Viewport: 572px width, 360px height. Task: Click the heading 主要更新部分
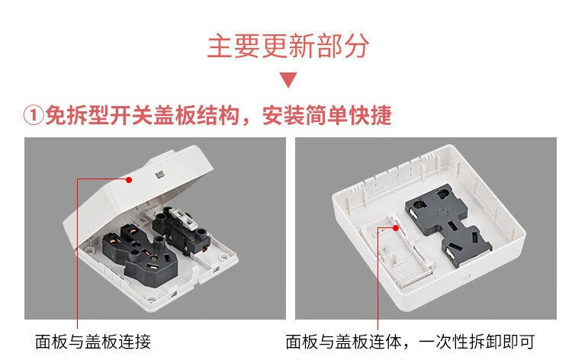click(288, 47)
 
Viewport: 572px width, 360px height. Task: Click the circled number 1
click(34, 115)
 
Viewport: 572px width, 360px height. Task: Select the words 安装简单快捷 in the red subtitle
click(327, 115)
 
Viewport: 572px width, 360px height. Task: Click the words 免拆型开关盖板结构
click(142, 115)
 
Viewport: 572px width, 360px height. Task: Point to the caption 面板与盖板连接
click(93, 342)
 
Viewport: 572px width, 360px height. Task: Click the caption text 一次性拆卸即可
click(477, 342)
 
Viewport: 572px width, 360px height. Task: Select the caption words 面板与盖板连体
click(343, 342)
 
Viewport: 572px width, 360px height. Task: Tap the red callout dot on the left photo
click(129, 179)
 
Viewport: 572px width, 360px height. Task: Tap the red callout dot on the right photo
click(395, 228)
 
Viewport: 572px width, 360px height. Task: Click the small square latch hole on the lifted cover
click(160, 175)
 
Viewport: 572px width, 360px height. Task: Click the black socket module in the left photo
click(140, 252)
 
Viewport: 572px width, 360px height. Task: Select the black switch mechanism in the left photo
click(182, 230)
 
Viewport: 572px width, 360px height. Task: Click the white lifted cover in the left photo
click(138, 193)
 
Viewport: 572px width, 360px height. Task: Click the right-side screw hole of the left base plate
click(223, 258)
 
